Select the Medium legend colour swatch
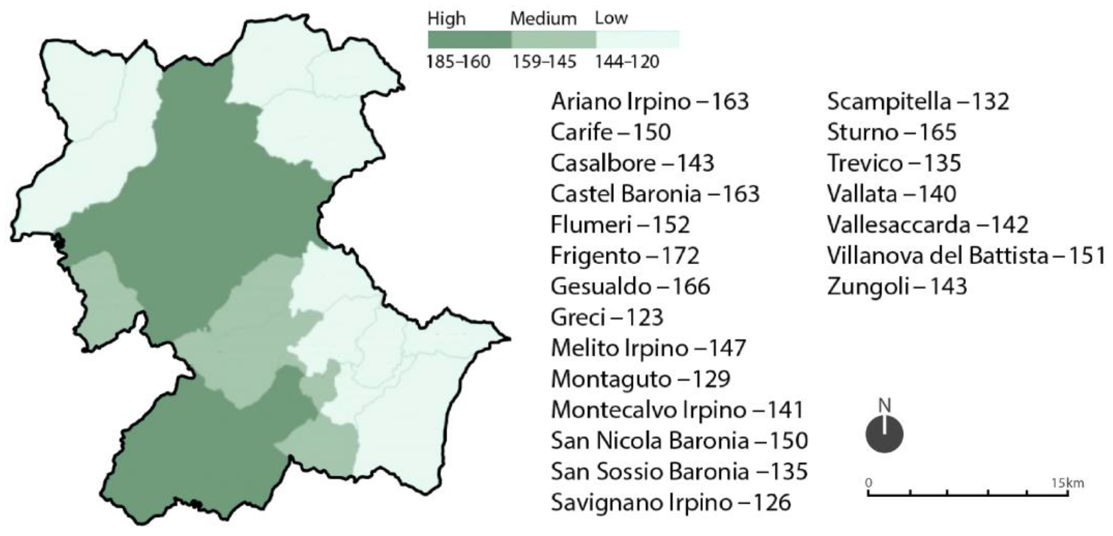pos(554,39)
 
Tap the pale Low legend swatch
pos(637,39)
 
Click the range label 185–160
pos(458,62)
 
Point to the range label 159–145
pos(544,62)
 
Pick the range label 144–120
pos(627,62)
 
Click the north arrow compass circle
pos(884,434)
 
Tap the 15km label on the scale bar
pos(1067,483)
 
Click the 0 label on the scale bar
pos(869,483)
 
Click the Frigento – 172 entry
pos(625,256)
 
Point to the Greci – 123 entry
pos(607,318)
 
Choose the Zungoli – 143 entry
pos(896,287)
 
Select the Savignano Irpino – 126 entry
pos(670,502)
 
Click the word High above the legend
pos(446,19)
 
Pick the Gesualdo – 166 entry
pos(630,287)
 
